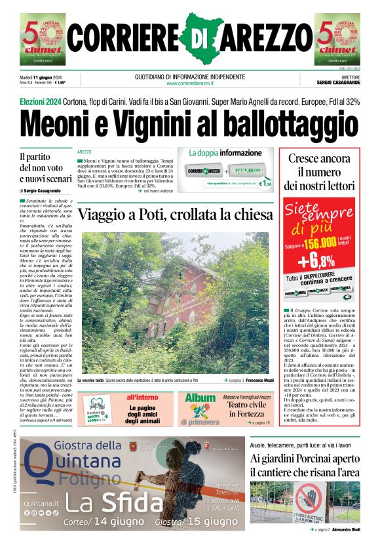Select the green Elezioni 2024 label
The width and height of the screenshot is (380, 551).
[41, 102]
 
